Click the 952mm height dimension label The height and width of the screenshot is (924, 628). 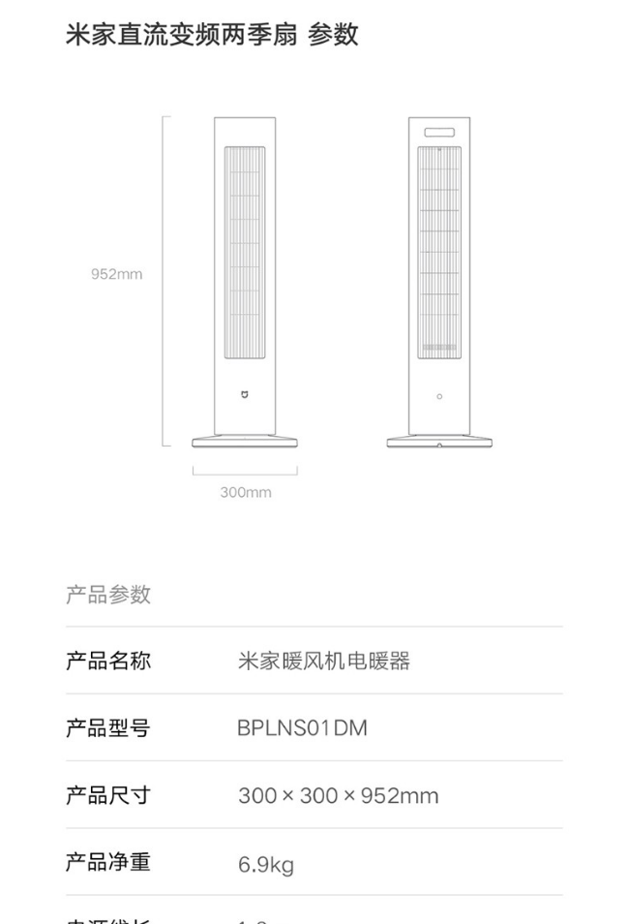pos(116,274)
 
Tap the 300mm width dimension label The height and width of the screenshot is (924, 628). pos(245,492)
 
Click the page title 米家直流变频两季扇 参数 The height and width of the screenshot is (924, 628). pos(212,35)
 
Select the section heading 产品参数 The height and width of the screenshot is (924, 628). pos(108,595)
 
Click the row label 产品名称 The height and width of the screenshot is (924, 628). pos(108,662)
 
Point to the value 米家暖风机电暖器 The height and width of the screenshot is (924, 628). pos(324,662)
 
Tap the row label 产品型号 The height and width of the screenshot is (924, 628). pos(108,728)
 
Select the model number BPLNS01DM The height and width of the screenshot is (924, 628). pos(302,728)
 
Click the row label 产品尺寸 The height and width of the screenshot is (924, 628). pos(108,795)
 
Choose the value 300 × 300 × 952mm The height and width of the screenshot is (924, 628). pos(338,796)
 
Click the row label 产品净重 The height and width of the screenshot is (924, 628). pos(108,862)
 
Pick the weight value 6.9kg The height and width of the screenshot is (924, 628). pos(266,864)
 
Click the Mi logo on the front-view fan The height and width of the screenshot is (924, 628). pos(245,395)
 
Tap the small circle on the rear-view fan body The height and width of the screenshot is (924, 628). pos(439,396)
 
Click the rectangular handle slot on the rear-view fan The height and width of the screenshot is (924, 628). pos(438,133)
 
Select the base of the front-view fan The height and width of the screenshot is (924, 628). pos(245,443)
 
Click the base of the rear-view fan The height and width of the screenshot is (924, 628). pos(438,443)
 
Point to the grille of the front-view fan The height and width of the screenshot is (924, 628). pos(245,252)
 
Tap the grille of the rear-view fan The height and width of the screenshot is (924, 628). pos(438,252)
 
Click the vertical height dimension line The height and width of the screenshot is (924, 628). pos(164,281)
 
